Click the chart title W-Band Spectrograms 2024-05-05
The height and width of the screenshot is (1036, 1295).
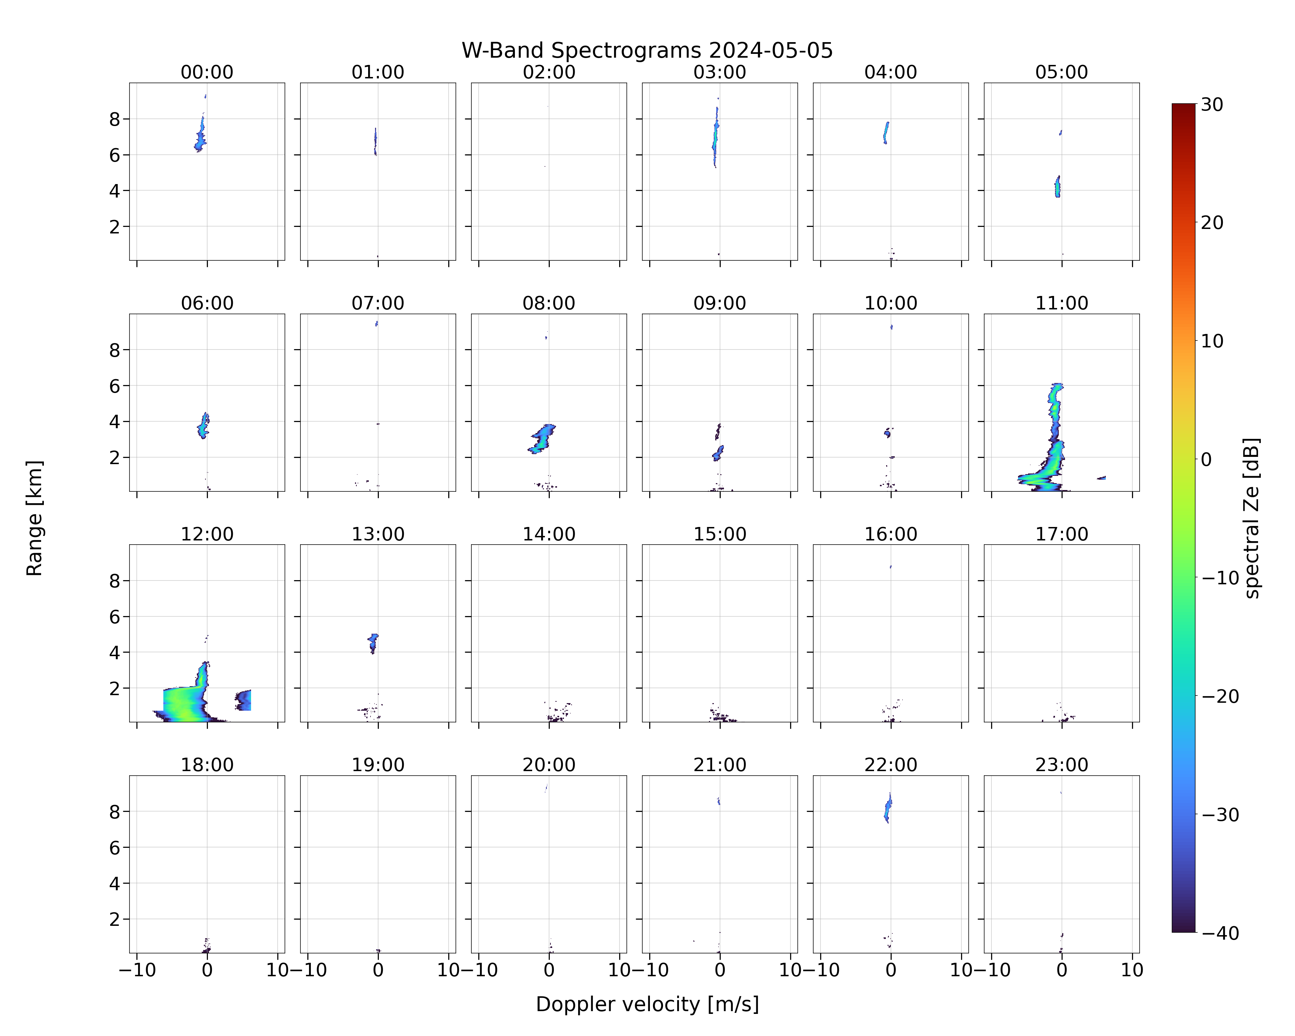(x=647, y=50)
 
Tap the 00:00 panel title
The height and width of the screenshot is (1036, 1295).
(x=207, y=72)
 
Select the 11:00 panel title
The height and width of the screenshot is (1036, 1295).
(x=1061, y=303)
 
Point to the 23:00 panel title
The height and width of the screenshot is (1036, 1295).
(x=1061, y=765)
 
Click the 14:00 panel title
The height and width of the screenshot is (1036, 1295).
(x=549, y=534)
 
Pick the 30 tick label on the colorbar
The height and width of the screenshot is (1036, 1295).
(x=1212, y=105)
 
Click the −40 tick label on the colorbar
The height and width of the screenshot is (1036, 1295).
(x=1220, y=933)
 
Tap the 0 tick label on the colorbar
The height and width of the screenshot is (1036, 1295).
(x=1207, y=460)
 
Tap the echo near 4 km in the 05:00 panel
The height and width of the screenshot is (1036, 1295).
(x=1058, y=186)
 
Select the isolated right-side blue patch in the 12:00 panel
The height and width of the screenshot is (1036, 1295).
(x=243, y=700)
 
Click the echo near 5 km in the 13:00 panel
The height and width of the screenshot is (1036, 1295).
(x=373, y=643)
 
